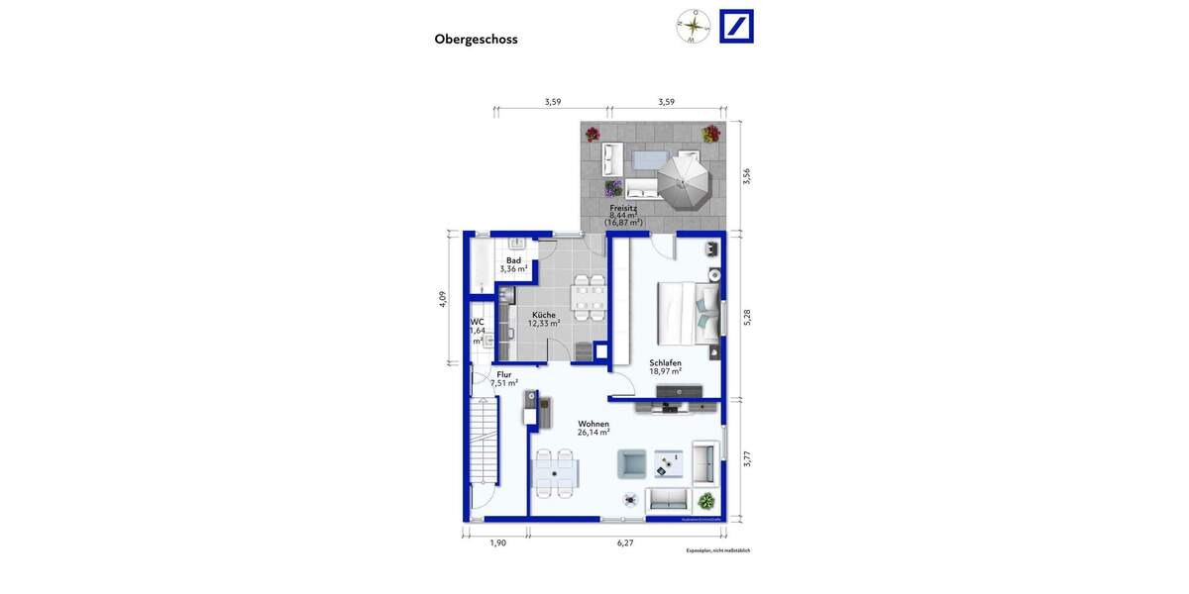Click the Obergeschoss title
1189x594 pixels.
pyautogui.click(x=476, y=40)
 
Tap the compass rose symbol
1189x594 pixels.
pyautogui.click(x=693, y=27)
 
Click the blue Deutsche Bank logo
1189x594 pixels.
pyautogui.click(x=736, y=27)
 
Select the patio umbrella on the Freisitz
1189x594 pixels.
pyautogui.click(x=684, y=180)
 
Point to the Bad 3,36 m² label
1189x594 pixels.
pyautogui.click(x=513, y=264)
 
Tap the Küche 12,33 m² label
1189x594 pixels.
pyautogui.click(x=543, y=319)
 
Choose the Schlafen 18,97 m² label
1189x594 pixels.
pyautogui.click(x=665, y=367)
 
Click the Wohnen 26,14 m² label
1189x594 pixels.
pyautogui.click(x=593, y=428)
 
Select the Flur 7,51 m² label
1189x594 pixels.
pyautogui.click(x=504, y=379)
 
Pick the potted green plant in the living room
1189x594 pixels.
pyautogui.click(x=705, y=501)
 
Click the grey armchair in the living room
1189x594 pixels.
pyautogui.click(x=632, y=463)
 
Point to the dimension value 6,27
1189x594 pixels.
pyautogui.click(x=624, y=543)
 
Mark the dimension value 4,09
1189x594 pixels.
pyautogui.click(x=443, y=299)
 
